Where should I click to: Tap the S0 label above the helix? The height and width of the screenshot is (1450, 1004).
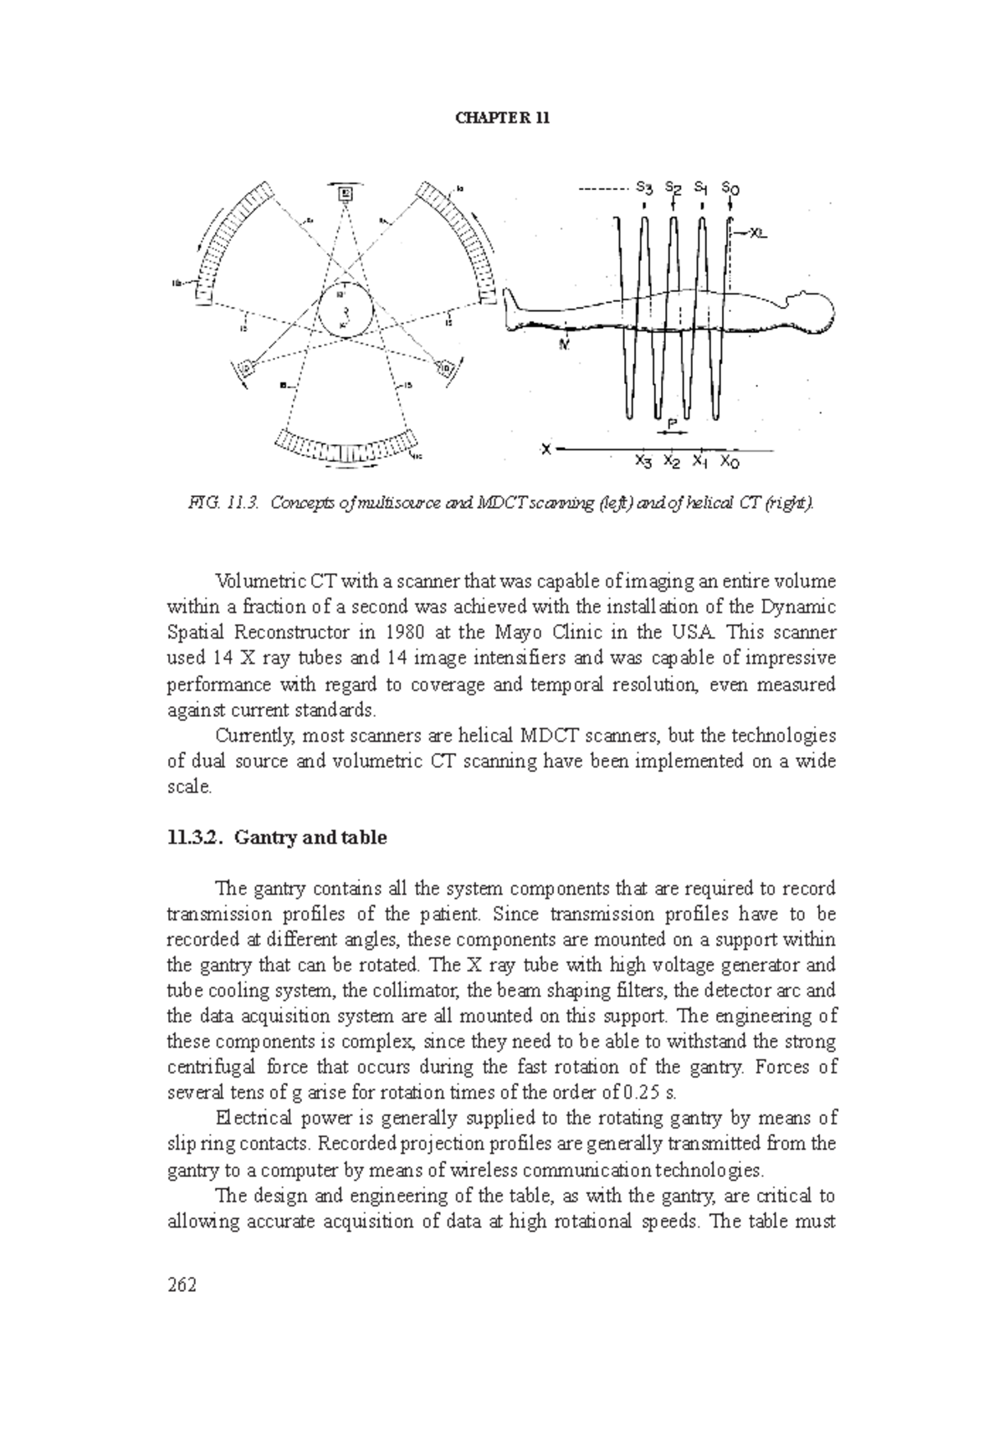coord(730,189)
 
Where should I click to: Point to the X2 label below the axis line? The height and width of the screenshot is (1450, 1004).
coord(672,461)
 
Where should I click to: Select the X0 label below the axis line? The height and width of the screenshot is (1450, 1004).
coord(730,462)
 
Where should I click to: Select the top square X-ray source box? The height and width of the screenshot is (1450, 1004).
coord(345,194)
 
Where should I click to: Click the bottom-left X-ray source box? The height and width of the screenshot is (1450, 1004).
coord(248,367)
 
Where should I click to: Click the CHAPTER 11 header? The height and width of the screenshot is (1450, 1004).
coord(502,118)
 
